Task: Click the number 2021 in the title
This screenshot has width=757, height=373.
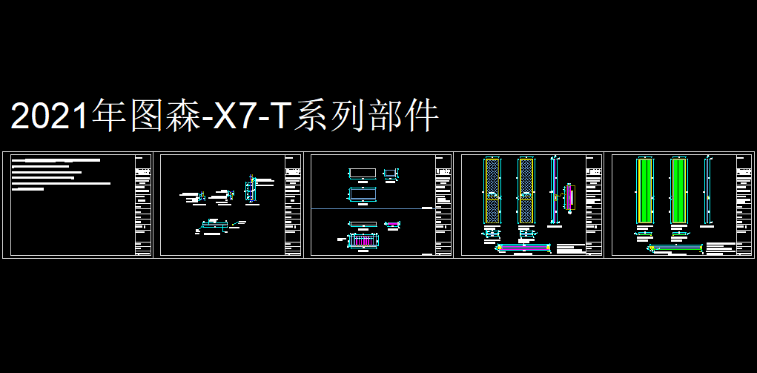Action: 49,117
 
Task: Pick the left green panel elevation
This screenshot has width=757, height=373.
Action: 644,190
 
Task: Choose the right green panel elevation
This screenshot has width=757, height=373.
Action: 678,190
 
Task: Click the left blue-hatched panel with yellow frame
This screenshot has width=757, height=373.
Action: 491,190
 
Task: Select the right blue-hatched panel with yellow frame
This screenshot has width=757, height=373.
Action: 526,190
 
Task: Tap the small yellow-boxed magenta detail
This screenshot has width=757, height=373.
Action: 569,197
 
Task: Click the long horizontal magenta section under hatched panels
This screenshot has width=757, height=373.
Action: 524,247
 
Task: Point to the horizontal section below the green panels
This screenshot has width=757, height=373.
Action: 675,247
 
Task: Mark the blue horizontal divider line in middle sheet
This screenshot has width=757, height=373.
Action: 371,209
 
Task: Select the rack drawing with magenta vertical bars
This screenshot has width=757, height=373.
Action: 363,241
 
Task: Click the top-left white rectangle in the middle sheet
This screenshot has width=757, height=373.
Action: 363,174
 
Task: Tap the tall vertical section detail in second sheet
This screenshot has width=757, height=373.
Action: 251,188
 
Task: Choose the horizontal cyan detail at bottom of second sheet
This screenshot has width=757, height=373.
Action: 216,225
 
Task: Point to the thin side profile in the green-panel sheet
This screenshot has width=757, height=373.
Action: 708,190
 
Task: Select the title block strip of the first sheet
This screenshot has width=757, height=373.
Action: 142,205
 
